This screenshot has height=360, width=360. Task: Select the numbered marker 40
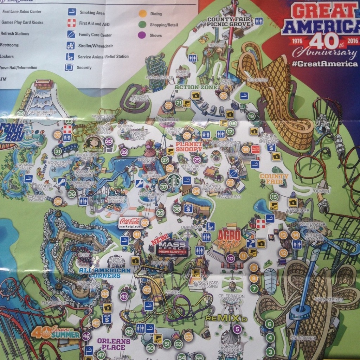[x=144, y=222]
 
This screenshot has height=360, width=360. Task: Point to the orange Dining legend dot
[x=143, y=14]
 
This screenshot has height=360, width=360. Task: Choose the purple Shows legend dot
[x=143, y=35]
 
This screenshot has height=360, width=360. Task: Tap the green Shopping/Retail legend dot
[x=143, y=25]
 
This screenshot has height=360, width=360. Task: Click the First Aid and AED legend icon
[x=72, y=23]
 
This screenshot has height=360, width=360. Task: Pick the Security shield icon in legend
[x=69, y=67]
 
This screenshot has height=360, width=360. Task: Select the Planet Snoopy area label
[x=189, y=147]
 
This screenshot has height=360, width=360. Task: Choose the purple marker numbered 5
[x=237, y=329]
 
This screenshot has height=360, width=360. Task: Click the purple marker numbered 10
[x=230, y=258]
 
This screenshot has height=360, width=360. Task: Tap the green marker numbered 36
[x=72, y=194]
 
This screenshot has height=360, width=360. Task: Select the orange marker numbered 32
[x=58, y=134]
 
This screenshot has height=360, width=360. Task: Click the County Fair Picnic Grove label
[x=229, y=21]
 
